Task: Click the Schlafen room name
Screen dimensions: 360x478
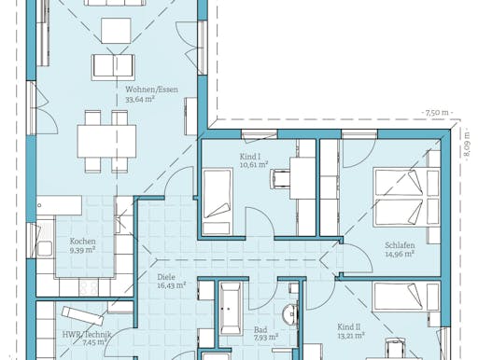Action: coord(399,247)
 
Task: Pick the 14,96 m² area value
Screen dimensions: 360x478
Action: coord(399,256)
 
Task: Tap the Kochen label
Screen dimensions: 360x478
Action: coord(82,241)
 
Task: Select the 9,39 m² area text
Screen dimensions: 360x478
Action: coord(82,250)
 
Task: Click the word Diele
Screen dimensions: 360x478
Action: coord(167,277)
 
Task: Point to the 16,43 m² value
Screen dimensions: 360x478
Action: coord(169,286)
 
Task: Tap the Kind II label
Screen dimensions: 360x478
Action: coord(349,326)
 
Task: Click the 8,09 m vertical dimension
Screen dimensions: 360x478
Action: coord(466,145)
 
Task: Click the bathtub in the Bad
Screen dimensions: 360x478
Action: coord(230,305)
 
